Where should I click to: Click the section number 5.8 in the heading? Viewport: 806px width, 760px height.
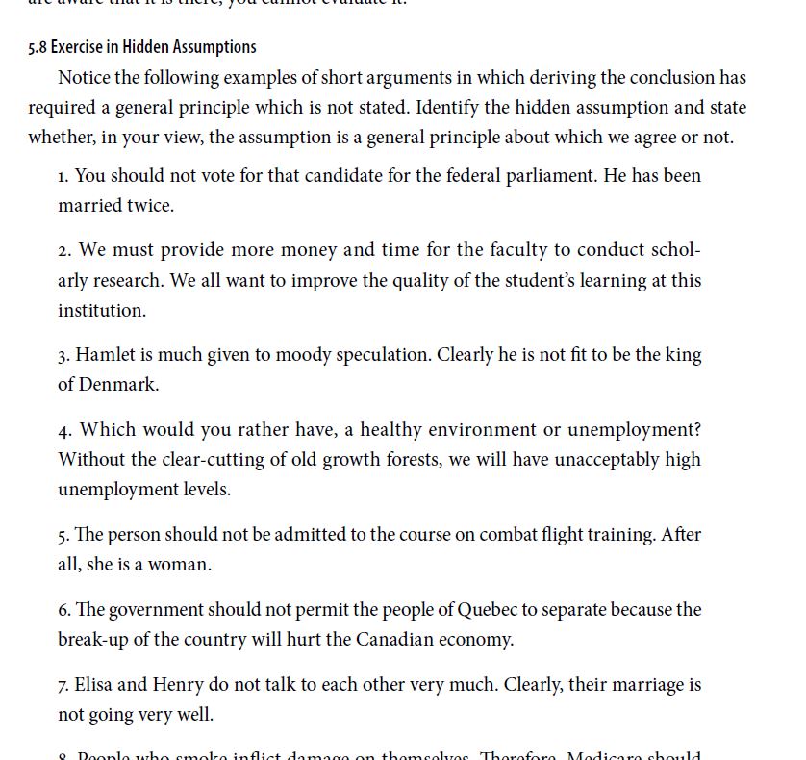(38, 47)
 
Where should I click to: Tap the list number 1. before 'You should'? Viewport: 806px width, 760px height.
(63, 176)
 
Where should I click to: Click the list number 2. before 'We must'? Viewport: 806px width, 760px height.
(64, 251)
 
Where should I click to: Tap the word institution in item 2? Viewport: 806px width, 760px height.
(101, 310)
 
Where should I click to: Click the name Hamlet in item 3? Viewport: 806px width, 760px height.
(105, 355)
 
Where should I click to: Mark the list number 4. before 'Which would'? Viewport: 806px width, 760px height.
(64, 430)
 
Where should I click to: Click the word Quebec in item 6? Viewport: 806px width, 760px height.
(491, 610)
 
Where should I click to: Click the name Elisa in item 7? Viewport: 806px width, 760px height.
(94, 685)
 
